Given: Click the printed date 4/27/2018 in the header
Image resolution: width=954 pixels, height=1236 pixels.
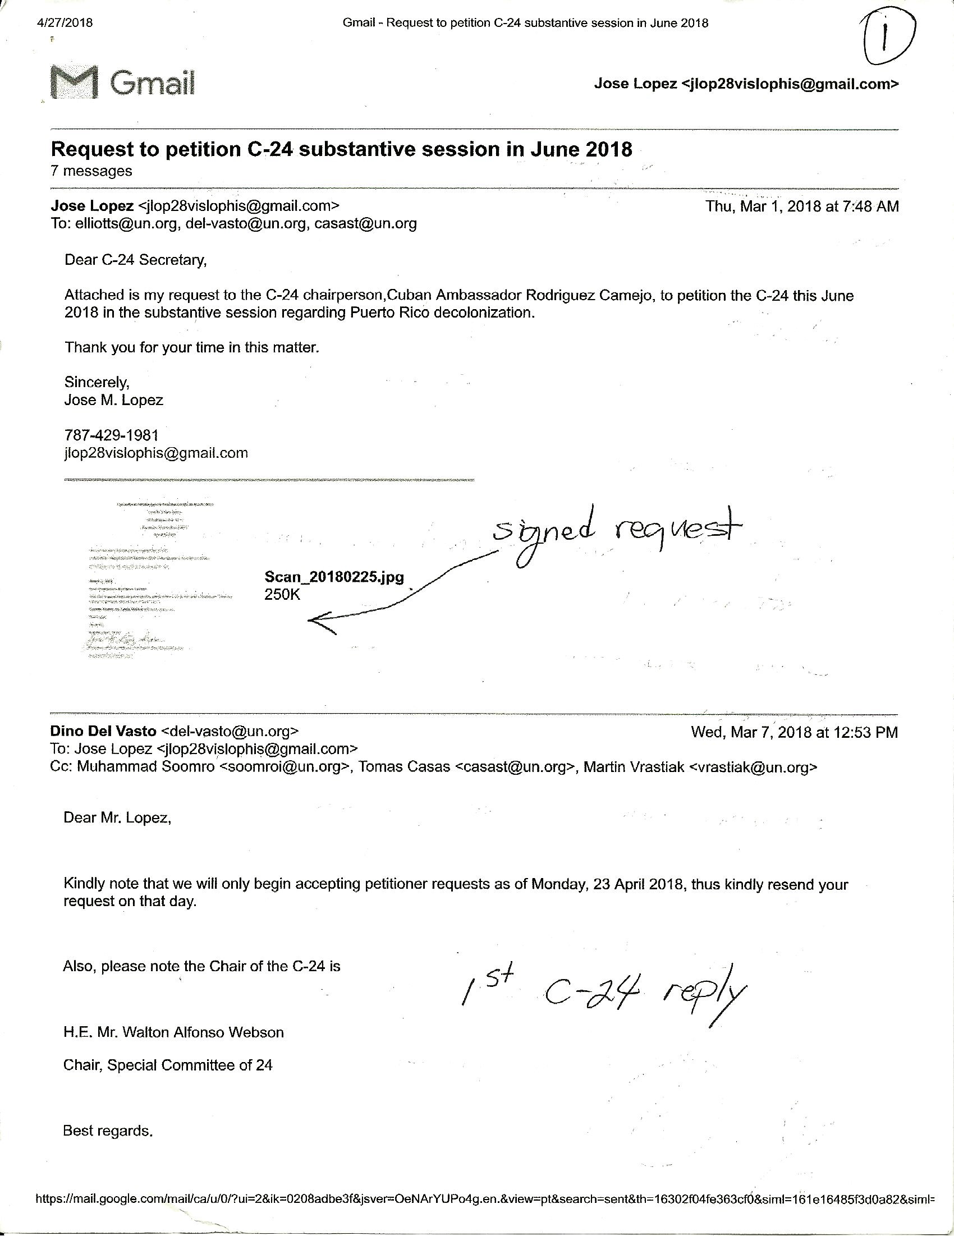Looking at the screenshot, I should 64,23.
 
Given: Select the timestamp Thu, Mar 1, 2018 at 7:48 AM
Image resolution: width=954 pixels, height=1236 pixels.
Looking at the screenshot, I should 802,206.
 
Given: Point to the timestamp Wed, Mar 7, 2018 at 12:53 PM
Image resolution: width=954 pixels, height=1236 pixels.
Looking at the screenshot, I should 794,732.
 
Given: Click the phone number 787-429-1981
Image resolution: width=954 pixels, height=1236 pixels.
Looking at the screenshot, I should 112,435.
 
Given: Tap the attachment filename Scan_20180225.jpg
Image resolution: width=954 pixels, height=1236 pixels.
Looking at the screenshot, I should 334,577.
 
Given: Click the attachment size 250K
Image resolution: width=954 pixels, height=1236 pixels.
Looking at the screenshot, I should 282,594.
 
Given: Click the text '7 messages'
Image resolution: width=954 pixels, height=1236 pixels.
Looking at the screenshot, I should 91,171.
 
